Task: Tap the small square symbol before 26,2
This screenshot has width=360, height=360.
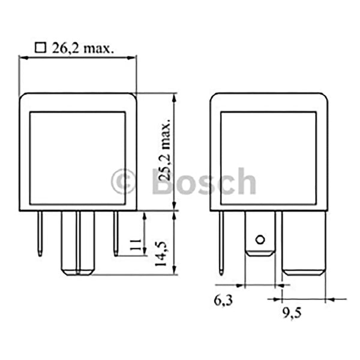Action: click(41, 48)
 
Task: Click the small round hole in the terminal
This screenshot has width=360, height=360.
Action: click(260, 240)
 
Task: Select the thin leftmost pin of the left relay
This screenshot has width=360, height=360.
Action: click(40, 234)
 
